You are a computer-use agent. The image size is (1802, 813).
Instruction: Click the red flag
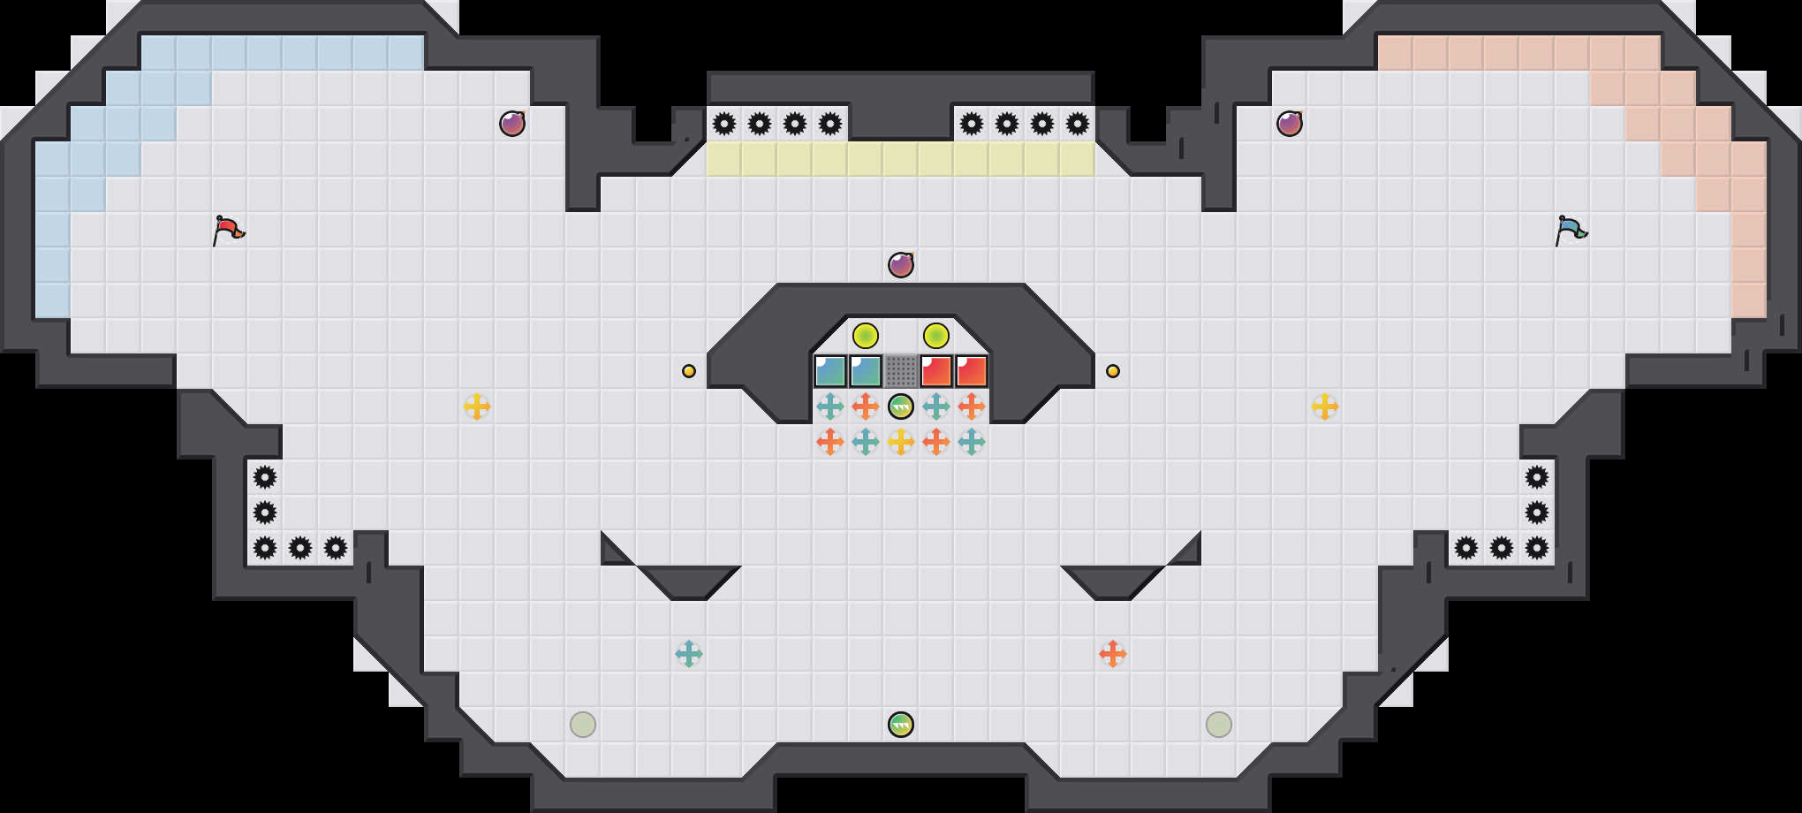(228, 230)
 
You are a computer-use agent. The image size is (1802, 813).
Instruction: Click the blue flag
(1571, 230)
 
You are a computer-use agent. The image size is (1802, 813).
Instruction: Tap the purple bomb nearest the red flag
(512, 124)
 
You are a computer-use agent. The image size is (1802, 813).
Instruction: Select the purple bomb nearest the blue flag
(1290, 124)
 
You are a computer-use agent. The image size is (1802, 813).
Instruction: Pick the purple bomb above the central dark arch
(901, 265)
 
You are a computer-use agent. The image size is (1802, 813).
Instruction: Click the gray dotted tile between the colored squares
(901, 371)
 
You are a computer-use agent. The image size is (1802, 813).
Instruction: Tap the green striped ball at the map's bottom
(901, 725)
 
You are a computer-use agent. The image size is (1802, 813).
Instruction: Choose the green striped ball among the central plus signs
(901, 406)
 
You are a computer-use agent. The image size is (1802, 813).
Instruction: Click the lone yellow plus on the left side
(477, 406)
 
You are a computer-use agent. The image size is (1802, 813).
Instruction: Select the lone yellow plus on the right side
(1325, 406)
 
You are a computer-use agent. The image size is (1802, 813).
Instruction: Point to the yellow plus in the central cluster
(901, 442)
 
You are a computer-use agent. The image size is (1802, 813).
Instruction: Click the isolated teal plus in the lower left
(689, 654)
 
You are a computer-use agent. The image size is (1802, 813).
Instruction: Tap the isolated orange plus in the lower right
(1113, 654)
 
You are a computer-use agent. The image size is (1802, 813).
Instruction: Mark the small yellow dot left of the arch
(689, 371)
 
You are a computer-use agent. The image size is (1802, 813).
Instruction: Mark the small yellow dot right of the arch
(1113, 371)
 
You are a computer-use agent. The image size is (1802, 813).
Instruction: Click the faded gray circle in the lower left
(583, 725)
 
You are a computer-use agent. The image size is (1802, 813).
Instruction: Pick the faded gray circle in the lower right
(1219, 725)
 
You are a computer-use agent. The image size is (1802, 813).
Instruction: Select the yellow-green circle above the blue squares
(866, 336)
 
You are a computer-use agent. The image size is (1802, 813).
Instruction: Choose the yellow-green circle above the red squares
(936, 336)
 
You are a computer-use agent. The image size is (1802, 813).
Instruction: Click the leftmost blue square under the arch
(830, 371)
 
